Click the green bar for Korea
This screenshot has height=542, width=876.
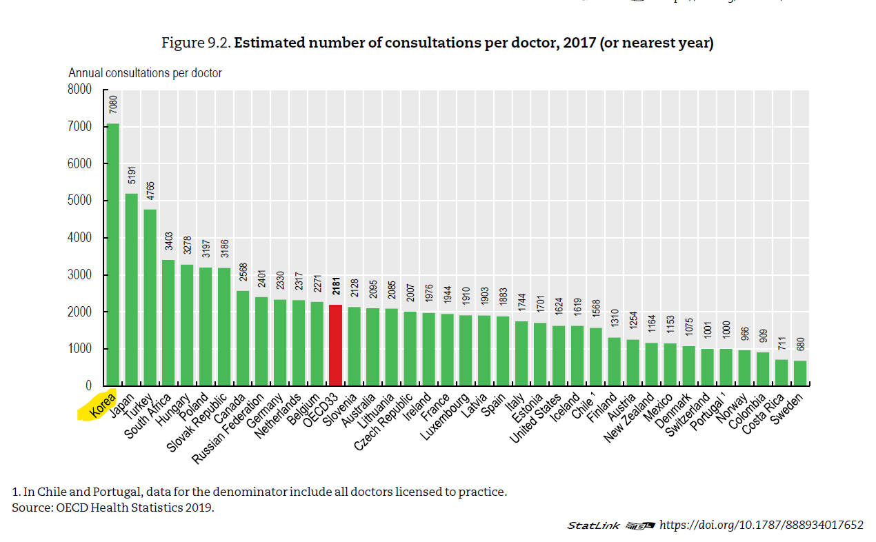pos(113,255)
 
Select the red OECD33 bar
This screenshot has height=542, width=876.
pos(336,345)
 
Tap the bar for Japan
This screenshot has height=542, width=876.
pos(132,290)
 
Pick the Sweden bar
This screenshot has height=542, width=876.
pos(799,373)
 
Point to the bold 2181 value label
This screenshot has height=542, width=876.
pos(336,286)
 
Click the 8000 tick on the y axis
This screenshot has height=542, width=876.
pos(79,90)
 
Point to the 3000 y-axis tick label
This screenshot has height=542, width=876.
pos(79,275)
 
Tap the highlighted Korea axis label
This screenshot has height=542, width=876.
pos(97,408)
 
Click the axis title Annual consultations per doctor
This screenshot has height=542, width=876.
pos(145,72)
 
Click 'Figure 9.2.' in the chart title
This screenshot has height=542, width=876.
pos(196,43)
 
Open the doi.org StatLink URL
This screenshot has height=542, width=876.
pos(761,525)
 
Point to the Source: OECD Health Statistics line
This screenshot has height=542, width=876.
pos(113,508)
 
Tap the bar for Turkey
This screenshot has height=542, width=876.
pos(150,297)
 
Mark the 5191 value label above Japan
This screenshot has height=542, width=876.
pos(132,175)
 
